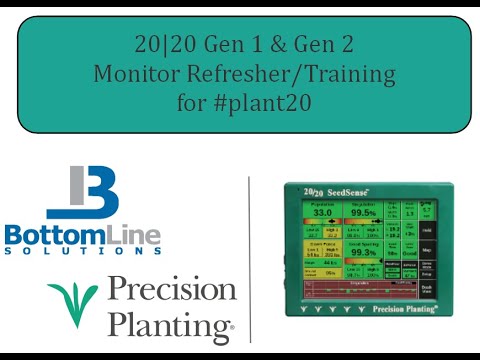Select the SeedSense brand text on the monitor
click(347, 193)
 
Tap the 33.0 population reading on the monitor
click(322, 213)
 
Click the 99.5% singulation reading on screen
click(363, 213)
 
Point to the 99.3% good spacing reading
click(363, 253)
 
